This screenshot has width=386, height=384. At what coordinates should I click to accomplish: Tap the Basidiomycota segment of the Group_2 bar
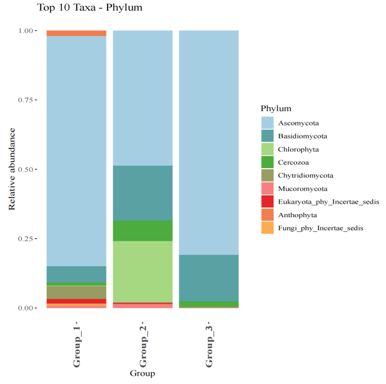coord(143,193)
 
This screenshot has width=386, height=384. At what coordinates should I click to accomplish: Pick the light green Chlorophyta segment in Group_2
coord(143,272)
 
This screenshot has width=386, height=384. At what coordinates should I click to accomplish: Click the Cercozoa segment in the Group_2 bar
coord(143,231)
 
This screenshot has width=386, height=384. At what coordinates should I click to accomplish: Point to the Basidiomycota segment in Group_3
coord(208,278)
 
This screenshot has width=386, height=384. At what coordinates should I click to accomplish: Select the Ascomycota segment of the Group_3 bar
coord(208,143)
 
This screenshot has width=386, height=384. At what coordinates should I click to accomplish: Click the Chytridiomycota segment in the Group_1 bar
coord(76,292)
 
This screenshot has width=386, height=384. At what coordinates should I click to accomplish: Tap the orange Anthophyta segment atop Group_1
coord(76,33)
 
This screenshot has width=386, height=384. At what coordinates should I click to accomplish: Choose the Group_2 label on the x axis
coord(143,346)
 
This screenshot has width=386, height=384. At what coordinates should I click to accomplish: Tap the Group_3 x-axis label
coord(208,346)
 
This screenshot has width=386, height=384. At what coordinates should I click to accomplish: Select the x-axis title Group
coord(142,374)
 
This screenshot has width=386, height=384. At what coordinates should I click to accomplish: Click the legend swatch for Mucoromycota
coord(268,189)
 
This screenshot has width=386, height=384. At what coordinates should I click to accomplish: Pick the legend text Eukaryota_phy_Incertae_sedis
coord(329,202)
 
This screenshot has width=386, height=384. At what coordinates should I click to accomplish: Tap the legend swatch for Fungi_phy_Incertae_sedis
coord(268,228)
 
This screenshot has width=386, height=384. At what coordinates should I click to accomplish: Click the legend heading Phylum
coord(276,109)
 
